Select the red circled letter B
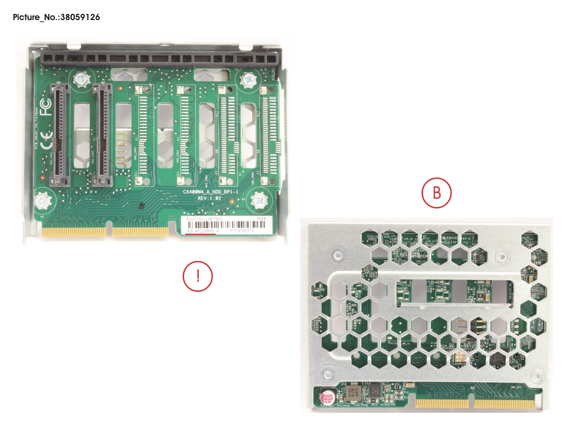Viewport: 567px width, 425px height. [x=436, y=193]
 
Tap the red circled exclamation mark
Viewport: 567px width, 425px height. [x=198, y=276]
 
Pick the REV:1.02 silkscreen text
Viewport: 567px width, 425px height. [x=210, y=198]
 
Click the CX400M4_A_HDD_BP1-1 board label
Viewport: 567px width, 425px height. [x=210, y=192]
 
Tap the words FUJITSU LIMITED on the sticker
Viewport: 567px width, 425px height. [x=204, y=219]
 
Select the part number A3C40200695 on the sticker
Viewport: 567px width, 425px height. [x=200, y=231]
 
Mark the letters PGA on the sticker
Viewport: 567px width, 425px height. [x=261, y=218]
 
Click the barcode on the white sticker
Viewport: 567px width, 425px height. [x=226, y=225]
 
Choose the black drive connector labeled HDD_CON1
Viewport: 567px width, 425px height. [x=59, y=134]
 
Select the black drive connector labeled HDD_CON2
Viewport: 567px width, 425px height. [x=102, y=134]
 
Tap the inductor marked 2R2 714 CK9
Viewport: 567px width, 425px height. [x=353, y=393]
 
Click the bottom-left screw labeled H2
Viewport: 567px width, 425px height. [x=42, y=200]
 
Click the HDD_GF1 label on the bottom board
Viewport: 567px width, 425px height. [x=516, y=387]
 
